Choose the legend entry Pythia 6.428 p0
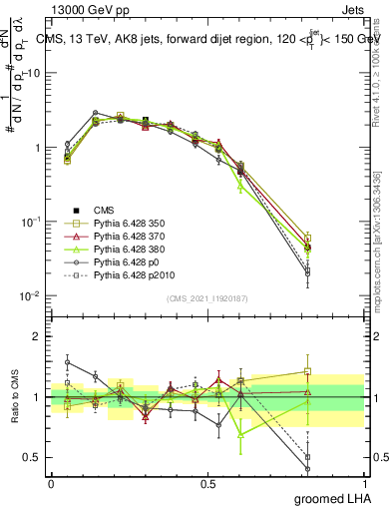click(x=128, y=261)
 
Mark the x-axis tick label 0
click(x=51, y=483)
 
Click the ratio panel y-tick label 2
click(x=39, y=336)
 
